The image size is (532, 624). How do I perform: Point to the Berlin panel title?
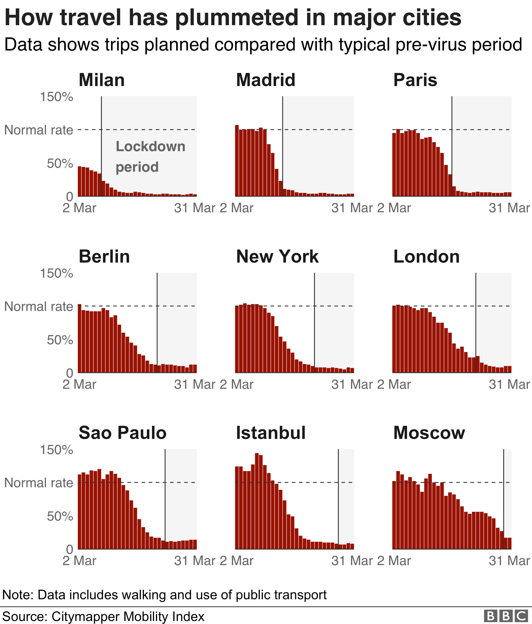coord(104,257)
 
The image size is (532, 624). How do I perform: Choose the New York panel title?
coord(277,257)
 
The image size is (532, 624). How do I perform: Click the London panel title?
coord(426,257)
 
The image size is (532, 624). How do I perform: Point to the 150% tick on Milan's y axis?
coord(56,97)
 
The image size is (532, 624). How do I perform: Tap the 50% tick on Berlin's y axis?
coord(60,340)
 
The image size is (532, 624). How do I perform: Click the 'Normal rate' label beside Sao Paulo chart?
coord(39,483)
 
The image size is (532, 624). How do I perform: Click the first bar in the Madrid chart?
coord(237,161)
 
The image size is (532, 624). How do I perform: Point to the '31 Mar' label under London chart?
coord(509,385)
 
